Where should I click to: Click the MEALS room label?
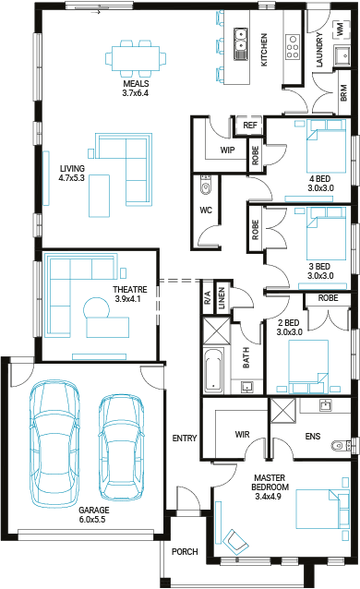pos(136,84)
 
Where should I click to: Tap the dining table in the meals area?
pos(136,58)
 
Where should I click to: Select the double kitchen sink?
pos(240,44)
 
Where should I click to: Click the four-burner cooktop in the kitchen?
pos(292,47)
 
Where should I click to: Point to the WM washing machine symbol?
pos(341,29)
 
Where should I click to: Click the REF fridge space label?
pos(250,125)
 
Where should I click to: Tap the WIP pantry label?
pos(227,150)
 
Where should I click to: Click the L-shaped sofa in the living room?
pos(125,169)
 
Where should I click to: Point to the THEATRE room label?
pos(130,290)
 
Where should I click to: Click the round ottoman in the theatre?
pos(97,308)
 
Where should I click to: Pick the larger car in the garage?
pos(54,443)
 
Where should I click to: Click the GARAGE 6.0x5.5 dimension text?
pos(92,520)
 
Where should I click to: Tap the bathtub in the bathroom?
pos(213,370)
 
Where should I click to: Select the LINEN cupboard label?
pos(222,298)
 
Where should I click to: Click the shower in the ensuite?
pos(283,411)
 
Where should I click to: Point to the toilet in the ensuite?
pos(340,446)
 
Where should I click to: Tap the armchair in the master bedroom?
pos(235,542)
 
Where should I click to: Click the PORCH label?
pos(185,552)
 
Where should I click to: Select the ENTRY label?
pos(185,438)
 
